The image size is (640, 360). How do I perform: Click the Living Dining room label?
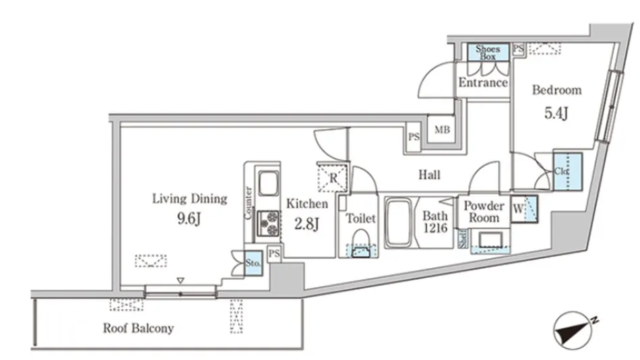pos(190,199)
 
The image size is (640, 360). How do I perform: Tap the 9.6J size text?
pos(189,219)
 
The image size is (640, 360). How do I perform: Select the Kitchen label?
pos(307,204)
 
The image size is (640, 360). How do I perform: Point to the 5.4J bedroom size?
pos(556,113)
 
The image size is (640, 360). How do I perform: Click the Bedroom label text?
pos(556,90)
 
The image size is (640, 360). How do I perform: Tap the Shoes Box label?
pos(488,53)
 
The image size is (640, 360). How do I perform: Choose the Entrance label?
pos(483,82)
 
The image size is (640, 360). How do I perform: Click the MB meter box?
pos(442,129)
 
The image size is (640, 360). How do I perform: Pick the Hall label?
pos(429,175)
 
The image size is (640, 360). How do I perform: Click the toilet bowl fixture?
pos(360,243)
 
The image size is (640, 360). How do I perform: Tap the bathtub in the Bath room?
pos(399,222)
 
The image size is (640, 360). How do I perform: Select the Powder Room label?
pos(484,212)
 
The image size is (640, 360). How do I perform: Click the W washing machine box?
pos(524,209)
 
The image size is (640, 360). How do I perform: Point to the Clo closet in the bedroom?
pos(567,171)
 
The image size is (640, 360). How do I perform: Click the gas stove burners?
pos(269,223)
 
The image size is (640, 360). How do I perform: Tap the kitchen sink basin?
pos(267,184)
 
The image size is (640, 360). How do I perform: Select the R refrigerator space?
pos(333,177)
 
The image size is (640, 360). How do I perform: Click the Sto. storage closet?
pos(253,263)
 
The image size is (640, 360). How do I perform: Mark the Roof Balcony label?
pos(138,328)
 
